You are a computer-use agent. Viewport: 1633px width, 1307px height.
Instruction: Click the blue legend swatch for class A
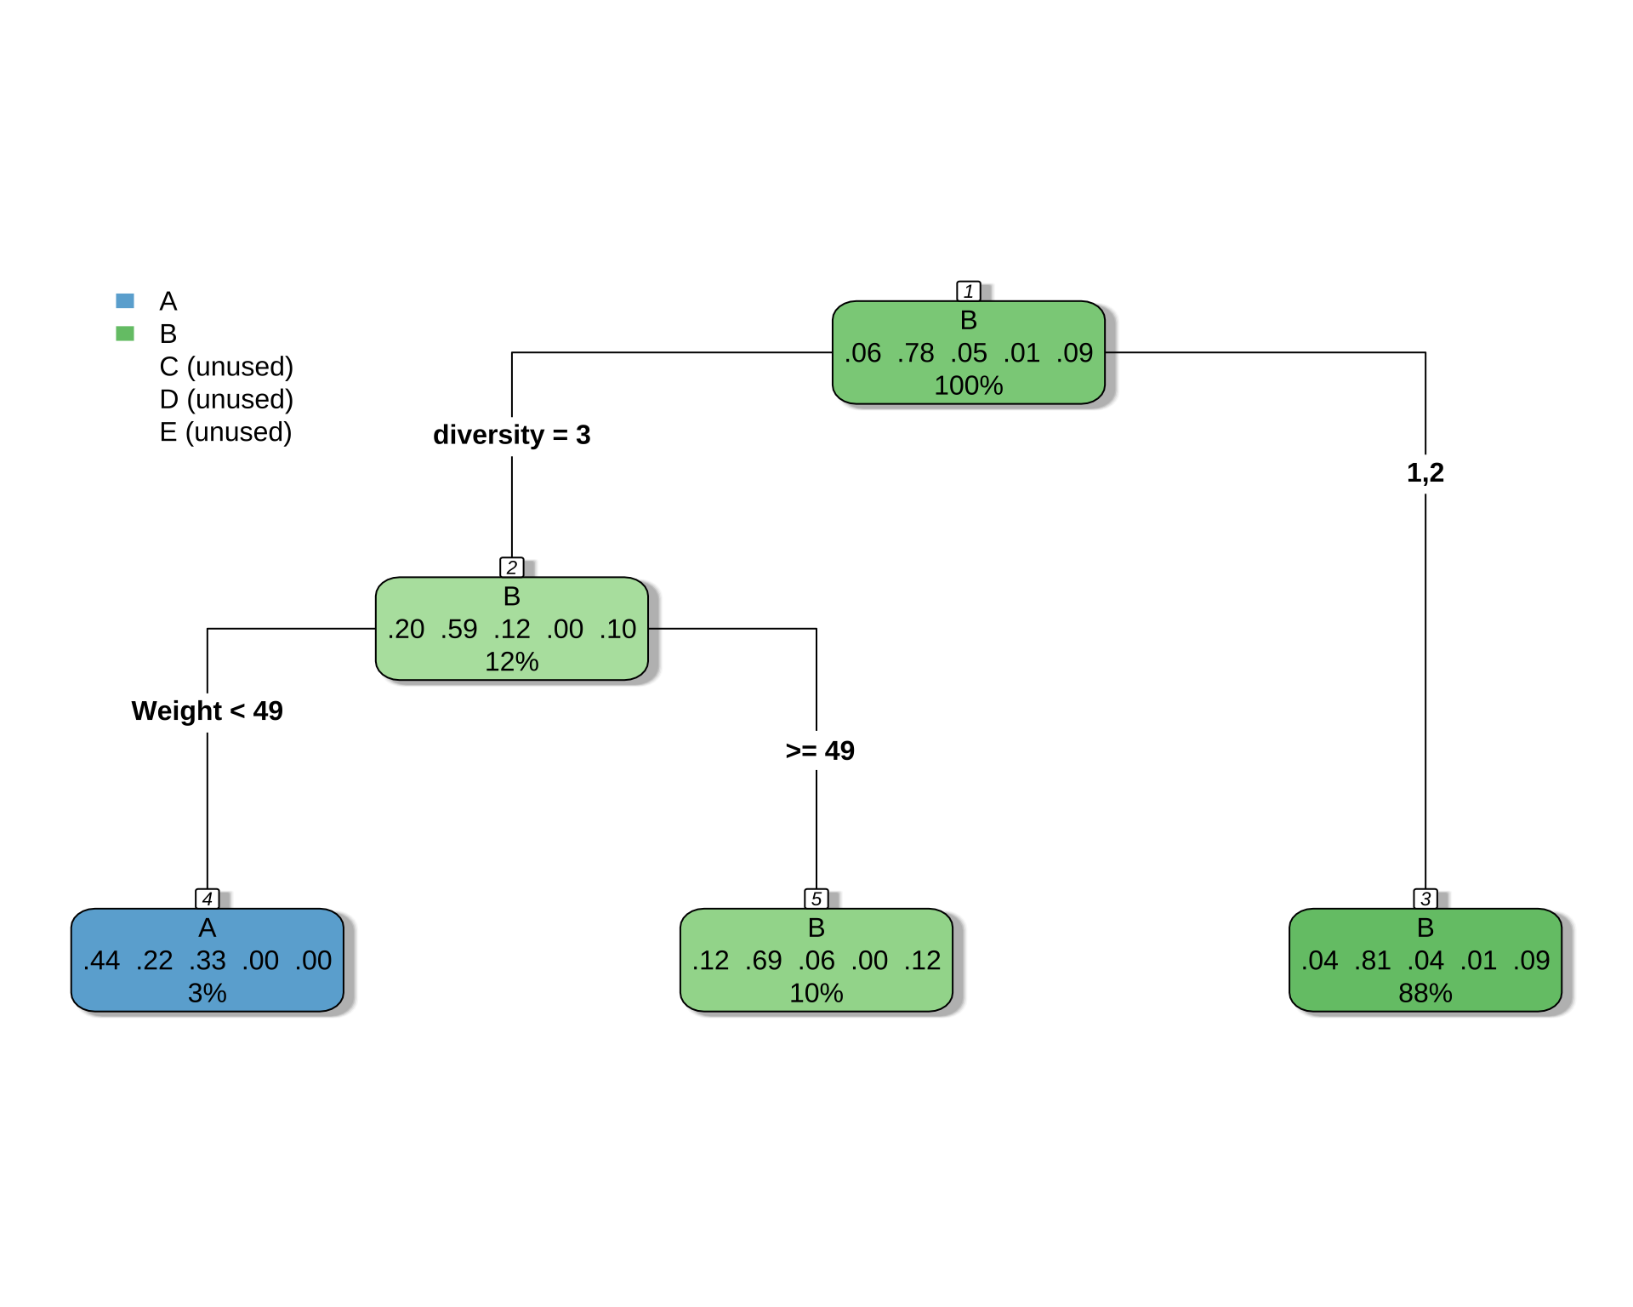[x=125, y=300]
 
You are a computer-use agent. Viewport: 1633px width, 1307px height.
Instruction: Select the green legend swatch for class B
[x=125, y=334]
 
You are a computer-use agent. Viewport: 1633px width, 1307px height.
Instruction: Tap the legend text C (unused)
[x=226, y=367]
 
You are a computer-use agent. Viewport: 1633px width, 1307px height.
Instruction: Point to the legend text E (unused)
[x=225, y=432]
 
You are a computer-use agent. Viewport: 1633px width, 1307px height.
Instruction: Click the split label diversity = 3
[x=512, y=435]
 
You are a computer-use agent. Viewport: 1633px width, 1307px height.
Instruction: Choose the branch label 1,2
[x=1425, y=473]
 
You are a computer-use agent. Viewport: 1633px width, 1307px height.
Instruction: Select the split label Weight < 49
[x=208, y=711]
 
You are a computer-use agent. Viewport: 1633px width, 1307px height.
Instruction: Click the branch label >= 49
[x=820, y=751]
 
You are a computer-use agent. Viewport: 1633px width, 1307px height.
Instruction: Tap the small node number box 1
[x=969, y=291]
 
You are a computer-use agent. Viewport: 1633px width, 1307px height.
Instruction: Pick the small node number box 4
[x=208, y=899]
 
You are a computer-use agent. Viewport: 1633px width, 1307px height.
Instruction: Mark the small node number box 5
[x=816, y=899]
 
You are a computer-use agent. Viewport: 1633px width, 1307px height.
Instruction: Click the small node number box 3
[x=1425, y=899]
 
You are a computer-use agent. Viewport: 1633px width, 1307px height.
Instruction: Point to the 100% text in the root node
[x=969, y=385]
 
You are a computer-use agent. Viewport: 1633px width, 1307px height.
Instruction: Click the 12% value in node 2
[x=512, y=662]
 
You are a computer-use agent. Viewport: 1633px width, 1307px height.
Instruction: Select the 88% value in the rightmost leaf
[x=1425, y=993]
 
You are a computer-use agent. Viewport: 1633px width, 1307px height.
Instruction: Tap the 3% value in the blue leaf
[x=208, y=993]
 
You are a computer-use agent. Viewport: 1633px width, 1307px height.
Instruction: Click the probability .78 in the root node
[x=916, y=353]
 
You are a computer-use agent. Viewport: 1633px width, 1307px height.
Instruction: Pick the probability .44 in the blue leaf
[x=102, y=961]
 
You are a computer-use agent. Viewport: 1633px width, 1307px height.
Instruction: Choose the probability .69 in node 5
[x=764, y=961]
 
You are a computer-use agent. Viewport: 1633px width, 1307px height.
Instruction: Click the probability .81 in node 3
[x=1373, y=961]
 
